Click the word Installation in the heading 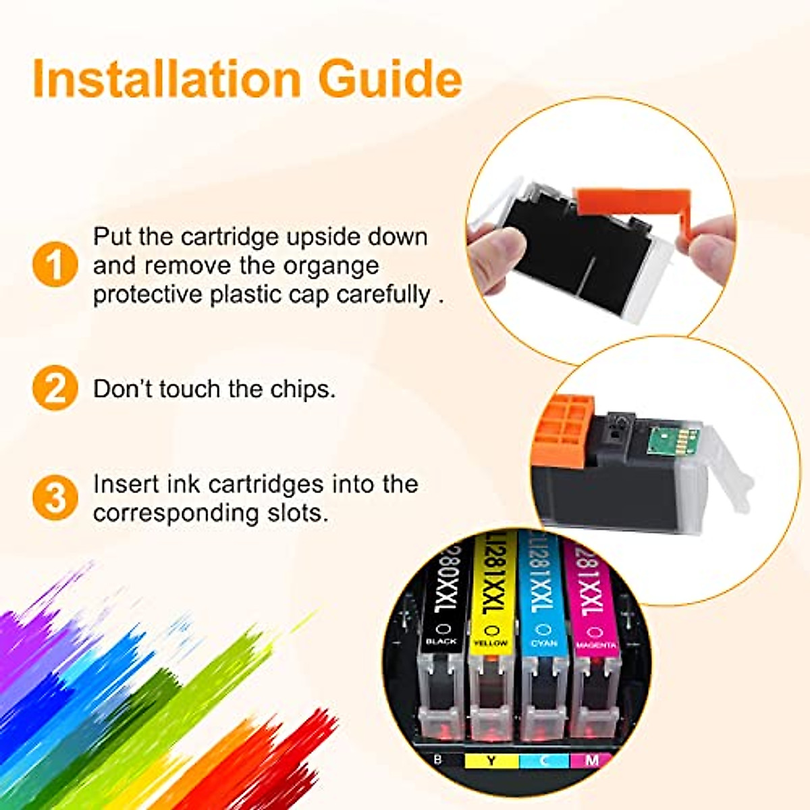(166, 79)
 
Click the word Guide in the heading (390, 79)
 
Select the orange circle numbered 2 (55, 388)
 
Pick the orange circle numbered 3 (55, 497)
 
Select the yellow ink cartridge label (491, 594)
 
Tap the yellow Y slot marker (491, 761)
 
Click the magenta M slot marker (591, 761)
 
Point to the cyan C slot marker (544, 761)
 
